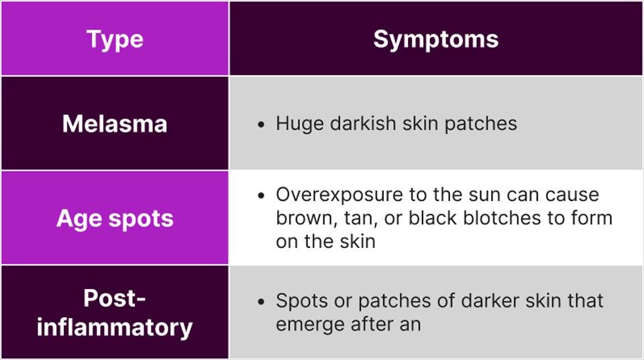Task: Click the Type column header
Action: (115, 40)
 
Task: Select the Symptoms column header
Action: (436, 40)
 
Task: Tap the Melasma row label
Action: (115, 123)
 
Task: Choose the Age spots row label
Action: (115, 219)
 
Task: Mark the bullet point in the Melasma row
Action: (261, 125)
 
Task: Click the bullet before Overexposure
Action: (261, 195)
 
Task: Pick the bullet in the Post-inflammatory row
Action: (261, 302)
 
